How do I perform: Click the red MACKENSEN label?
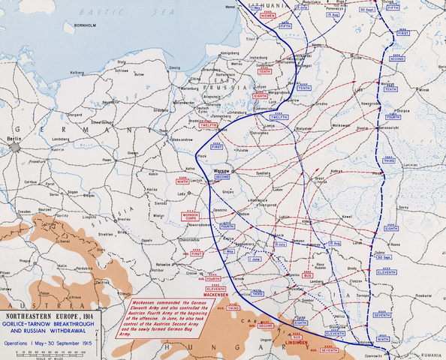point(215,295)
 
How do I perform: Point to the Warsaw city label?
point(221,171)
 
